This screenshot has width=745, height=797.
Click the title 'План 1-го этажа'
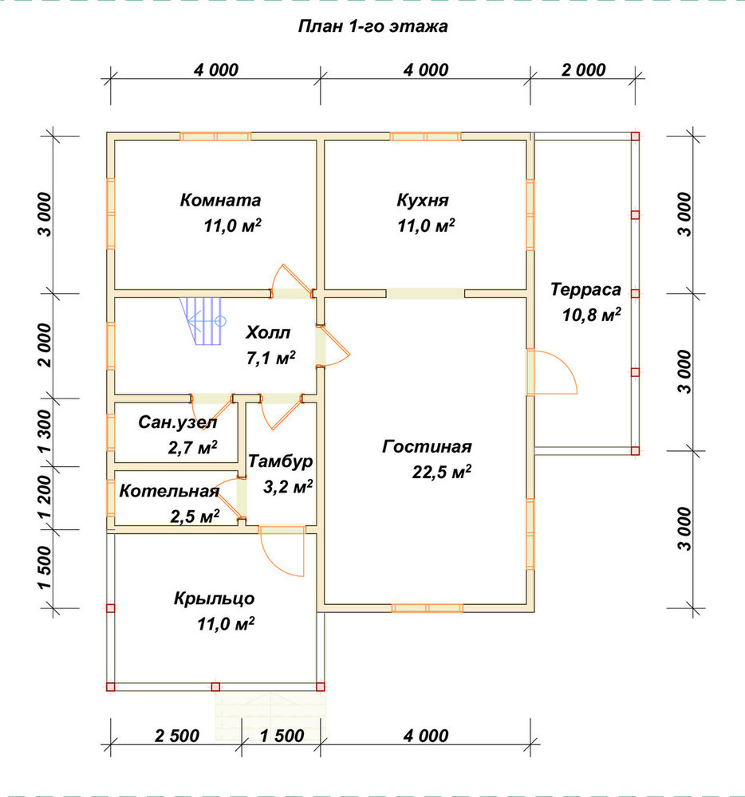point(372,26)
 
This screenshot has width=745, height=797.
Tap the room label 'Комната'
point(220,200)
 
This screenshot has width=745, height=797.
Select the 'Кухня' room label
point(423,200)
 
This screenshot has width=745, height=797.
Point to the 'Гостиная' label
point(427,446)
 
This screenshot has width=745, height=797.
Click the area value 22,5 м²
point(441,472)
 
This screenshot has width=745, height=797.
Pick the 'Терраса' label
point(585,290)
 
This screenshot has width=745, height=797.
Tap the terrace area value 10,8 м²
point(591,315)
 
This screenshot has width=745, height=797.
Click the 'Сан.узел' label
point(178,422)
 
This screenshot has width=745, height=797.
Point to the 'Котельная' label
point(169,491)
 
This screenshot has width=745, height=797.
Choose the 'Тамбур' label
point(280,461)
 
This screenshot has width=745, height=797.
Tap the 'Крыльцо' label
point(214,599)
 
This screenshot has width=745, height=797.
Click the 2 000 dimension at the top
point(583,69)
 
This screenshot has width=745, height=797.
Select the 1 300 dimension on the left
point(45,432)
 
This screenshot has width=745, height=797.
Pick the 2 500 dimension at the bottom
point(177,736)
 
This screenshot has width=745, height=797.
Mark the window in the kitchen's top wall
point(425,136)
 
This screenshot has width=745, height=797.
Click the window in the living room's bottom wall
point(428,608)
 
